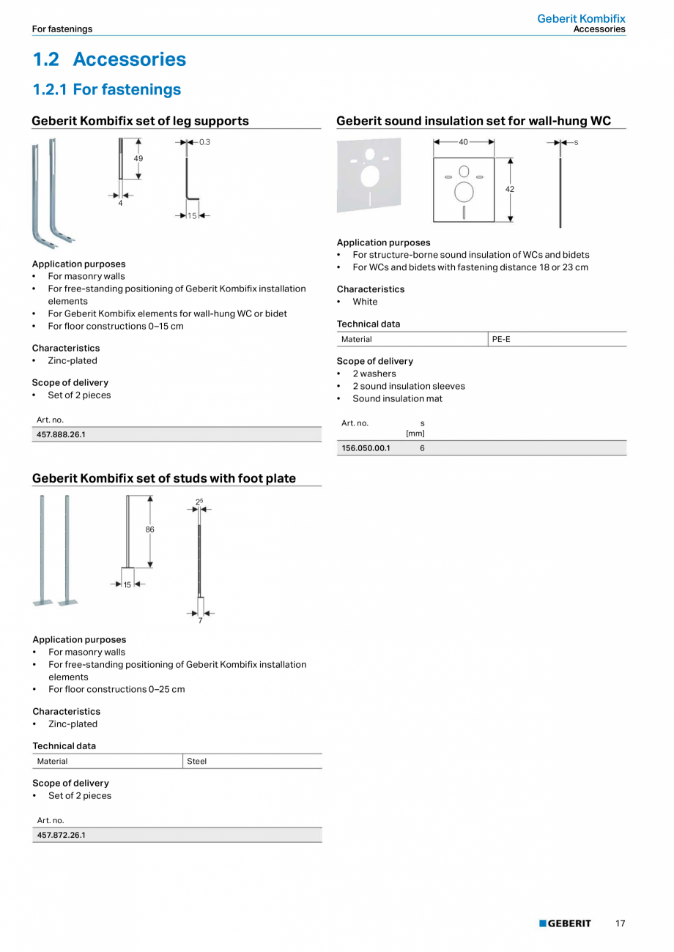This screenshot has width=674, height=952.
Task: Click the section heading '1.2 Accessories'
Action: (x=109, y=59)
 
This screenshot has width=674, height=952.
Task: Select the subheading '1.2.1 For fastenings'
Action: (x=106, y=89)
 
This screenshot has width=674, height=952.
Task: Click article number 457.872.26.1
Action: (x=61, y=835)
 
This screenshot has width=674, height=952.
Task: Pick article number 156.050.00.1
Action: (x=366, y=448)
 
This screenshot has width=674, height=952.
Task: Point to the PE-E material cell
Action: (x=501, y=339)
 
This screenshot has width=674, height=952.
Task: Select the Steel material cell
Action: (x=196, y=761)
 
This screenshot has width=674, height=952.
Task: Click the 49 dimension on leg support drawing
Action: (x=138, y=158)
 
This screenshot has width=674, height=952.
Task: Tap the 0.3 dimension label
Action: (x=204, y=142)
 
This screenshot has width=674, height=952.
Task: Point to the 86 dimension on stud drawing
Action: (x=149, y=529)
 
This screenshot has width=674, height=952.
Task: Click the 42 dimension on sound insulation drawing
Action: (x=510, y=189)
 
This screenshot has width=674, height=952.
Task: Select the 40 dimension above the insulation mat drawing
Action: (x=463, y=142)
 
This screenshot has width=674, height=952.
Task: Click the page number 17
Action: (x=620, y=923)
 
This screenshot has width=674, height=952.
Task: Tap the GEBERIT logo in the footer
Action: (x=565, y=923)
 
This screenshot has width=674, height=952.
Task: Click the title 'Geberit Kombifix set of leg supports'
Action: (x=140, y=121)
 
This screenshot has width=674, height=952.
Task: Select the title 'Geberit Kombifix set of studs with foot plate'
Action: (x=164, y=478)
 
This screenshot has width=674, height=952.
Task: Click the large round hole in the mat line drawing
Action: (x=464, y=193)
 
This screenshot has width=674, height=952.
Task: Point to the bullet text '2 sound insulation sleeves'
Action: (x=408, y=386)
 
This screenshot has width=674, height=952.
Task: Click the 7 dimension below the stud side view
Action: (x=200, y=621)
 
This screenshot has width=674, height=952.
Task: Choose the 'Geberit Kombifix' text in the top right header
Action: (x=581, y=18)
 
